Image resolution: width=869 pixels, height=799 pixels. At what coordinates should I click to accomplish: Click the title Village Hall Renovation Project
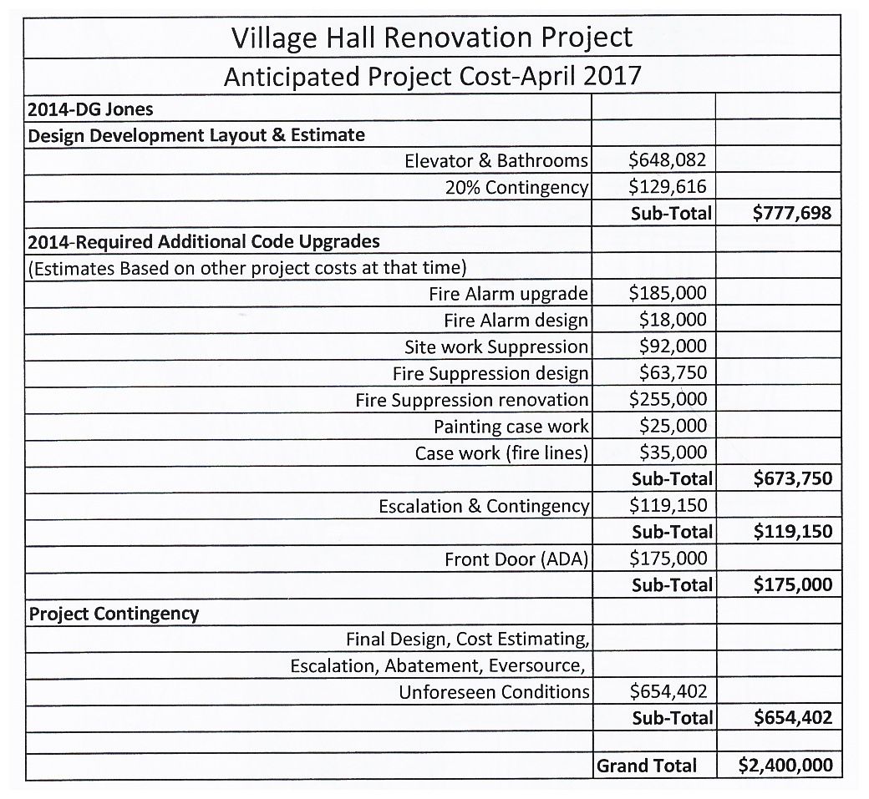click(x=431, y=38)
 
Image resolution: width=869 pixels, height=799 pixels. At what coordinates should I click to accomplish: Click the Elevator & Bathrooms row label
click(x=496, y=160)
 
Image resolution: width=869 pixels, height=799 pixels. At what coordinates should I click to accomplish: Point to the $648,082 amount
click(x=668, y=160)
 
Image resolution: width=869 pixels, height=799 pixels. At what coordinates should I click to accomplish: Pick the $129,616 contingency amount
click(x=668, y=186)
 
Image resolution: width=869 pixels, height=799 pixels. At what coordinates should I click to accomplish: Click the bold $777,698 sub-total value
click(x=791, y=213)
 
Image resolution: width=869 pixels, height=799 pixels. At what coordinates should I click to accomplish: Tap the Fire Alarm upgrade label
click(x=508, y=293)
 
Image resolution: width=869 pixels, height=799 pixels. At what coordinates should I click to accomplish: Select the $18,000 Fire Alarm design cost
click(x=673, y=320)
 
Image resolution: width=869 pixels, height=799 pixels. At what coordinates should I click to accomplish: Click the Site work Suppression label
click(x=496, y=346)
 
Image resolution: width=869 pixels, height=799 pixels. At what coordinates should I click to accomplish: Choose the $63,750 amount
click(x=673, y=372)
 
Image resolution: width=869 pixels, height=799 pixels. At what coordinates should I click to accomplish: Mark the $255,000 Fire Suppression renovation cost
click(x=668, y=399)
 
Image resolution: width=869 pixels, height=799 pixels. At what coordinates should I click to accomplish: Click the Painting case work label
click(x=511, y=426)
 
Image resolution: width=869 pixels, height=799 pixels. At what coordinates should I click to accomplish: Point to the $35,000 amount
click(x=673, y=453)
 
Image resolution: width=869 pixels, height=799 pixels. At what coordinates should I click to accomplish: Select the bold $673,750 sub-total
click(x=791, y=478)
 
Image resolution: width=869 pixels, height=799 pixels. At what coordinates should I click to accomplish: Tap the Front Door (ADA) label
click(x=516, y=559)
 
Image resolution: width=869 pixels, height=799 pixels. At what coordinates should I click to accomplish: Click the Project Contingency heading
click(x=114, y=614)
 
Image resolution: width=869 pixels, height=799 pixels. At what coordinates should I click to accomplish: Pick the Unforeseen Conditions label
click(x=494, y=692)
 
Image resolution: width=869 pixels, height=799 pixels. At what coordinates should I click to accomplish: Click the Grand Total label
click(x=646, y=766)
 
